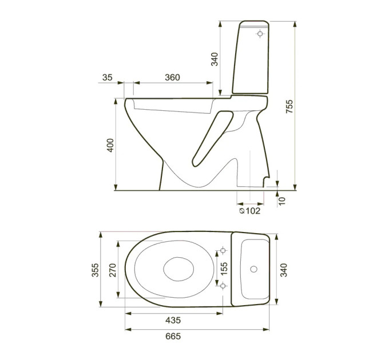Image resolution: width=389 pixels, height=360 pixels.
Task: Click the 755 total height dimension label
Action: click(289, 106)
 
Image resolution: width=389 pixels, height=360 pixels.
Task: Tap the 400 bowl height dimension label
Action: click(110, 145)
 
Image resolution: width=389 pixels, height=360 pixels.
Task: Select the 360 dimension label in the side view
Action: click(172, 77)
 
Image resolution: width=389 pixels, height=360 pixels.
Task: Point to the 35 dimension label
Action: click(108, 77)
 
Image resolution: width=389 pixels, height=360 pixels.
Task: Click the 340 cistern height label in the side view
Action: click(215, 59)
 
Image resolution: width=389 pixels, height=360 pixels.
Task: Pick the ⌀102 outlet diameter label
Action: click(250, 211)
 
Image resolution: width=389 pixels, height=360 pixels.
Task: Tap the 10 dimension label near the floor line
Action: click(283, 201)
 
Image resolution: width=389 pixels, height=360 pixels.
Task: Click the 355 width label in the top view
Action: click(96, 270)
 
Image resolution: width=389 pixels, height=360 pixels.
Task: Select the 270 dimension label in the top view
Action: click(112, 270)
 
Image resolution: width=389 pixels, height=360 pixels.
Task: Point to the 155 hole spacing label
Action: click(224, 269)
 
